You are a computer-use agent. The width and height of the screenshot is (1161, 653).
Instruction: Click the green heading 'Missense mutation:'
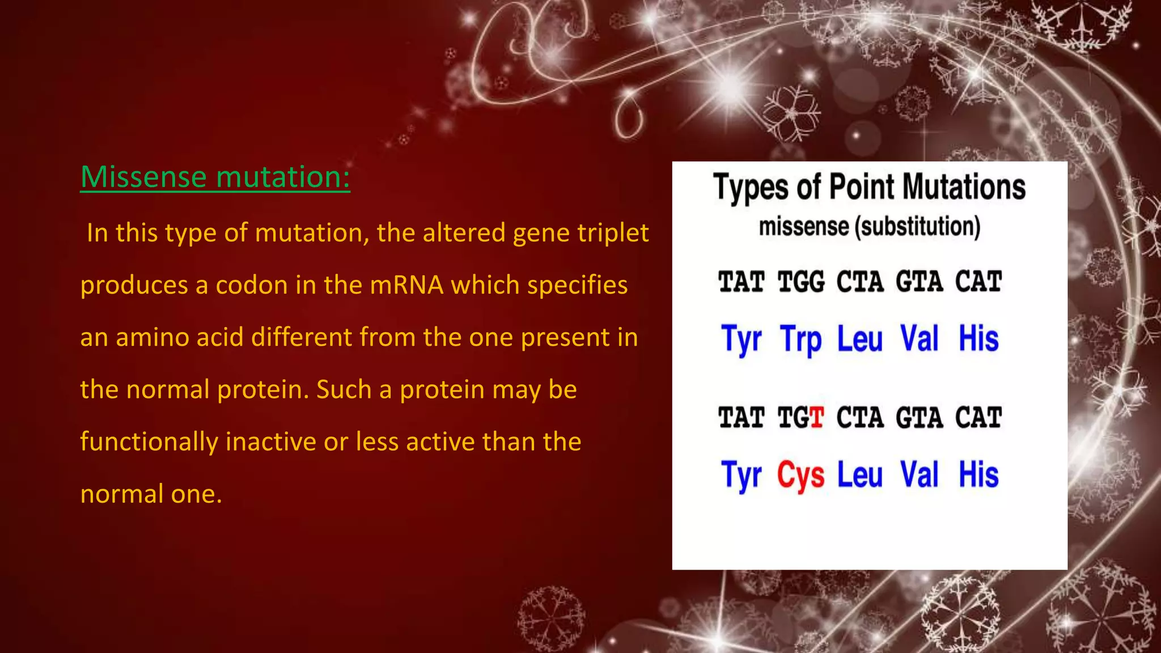point(215,177)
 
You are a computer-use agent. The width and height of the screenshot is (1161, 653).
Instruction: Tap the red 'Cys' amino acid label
point(800,475)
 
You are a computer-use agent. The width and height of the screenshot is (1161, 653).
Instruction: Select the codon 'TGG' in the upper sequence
point(800,282)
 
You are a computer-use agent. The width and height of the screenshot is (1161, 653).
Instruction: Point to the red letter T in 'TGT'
point(816,418)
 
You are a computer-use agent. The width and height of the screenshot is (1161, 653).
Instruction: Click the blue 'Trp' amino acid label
point(800,339)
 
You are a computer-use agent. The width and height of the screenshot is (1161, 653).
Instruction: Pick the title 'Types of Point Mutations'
point(869,188)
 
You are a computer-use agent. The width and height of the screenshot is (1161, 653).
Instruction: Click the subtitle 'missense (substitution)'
point(869,227)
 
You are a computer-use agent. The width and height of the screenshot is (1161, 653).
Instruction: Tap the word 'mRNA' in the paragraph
point(406,285)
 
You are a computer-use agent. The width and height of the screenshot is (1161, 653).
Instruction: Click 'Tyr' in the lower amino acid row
point(741,475)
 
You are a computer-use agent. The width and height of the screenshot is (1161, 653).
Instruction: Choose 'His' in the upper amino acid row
point(978,339)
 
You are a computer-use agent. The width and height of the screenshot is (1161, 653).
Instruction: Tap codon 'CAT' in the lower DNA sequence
point(978,418)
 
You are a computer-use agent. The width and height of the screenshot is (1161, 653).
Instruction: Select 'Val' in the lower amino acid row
point(919,475)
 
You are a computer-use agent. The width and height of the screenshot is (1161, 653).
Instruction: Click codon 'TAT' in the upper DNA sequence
point(741,282)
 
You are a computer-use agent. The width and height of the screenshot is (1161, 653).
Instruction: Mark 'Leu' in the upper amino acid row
point(859,339)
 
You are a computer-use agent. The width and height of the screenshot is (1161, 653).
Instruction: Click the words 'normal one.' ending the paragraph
point(151,494)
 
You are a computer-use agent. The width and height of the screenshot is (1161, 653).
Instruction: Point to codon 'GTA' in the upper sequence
point(919,282)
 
